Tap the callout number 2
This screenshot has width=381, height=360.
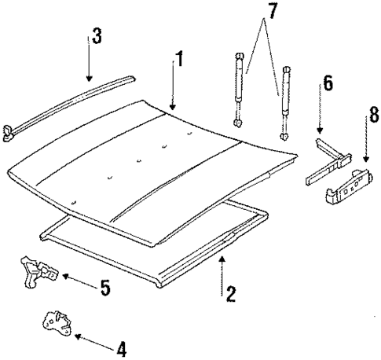pos(230,295)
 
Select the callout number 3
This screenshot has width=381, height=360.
pos(96,36)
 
